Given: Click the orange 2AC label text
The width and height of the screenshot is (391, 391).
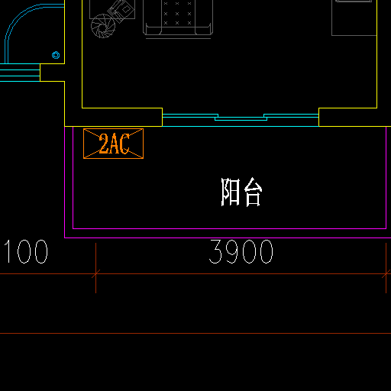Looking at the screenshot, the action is [115, 144].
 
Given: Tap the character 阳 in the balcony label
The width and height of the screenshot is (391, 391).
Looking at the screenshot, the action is [231, 192].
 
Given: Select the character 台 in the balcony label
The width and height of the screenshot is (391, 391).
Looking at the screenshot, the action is [253, 192].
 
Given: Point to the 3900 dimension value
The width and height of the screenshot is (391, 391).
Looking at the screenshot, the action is [241, 252].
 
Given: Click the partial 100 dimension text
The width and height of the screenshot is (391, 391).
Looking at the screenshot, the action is [26, 252].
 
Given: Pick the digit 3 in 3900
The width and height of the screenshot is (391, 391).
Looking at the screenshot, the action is [215, 252].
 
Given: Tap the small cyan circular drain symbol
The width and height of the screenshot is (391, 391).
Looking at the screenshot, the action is [56, 55].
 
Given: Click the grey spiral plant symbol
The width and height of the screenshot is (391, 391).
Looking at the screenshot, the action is [103, 26].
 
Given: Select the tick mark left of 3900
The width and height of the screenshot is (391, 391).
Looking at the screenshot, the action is [95, 274].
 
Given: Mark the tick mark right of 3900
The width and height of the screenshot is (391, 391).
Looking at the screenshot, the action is [386, 274].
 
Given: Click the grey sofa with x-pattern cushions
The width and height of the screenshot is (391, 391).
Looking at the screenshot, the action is [178, 18].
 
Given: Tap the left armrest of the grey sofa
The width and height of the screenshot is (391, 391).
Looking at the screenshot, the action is [152, 28].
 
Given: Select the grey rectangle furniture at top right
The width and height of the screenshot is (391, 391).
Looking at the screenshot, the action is [354, 18].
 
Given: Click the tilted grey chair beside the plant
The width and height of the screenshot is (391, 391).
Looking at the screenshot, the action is [121, 11].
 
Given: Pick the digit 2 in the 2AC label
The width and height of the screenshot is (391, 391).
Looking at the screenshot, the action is [104, 144].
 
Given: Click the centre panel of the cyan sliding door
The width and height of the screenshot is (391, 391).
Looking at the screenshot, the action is [241, 118].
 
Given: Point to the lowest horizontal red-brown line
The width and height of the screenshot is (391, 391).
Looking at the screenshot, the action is [195, 333].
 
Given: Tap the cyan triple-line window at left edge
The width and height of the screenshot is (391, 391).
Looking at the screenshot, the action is [20, 73].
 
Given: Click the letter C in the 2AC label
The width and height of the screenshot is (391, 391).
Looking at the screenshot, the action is [124, 144].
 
